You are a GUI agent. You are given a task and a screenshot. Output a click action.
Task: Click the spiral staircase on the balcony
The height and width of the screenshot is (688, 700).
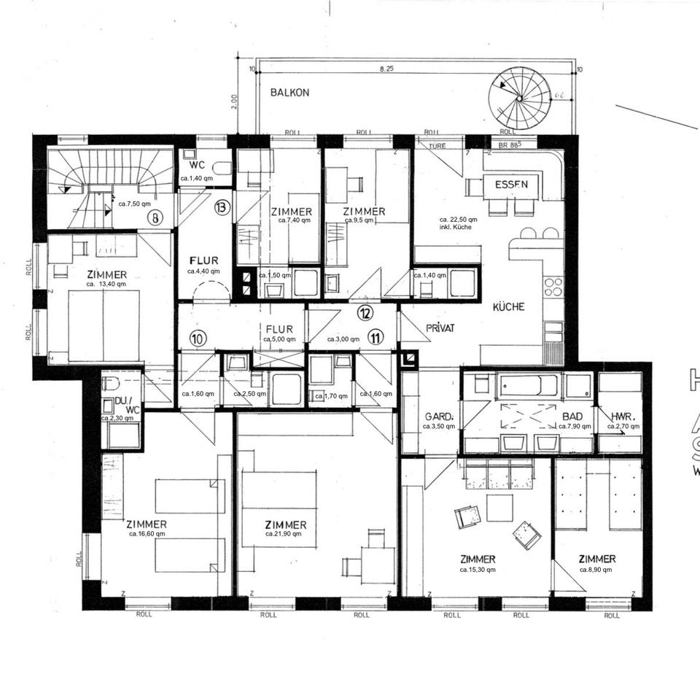518,96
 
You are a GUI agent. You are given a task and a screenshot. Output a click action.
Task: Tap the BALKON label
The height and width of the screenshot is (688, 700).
289,93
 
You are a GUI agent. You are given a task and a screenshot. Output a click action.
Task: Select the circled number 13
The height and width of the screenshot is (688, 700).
222,207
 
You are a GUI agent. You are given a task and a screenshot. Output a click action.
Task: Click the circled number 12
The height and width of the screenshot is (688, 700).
365,313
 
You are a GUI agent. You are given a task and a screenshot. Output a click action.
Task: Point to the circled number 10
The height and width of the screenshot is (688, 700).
197,338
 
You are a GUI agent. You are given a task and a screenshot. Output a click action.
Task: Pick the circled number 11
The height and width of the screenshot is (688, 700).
376,337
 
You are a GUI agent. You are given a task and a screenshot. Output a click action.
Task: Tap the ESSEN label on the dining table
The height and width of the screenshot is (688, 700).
511,185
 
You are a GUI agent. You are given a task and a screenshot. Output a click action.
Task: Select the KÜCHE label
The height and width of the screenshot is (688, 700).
508,307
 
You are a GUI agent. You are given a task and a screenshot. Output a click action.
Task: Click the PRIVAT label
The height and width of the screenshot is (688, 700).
440,328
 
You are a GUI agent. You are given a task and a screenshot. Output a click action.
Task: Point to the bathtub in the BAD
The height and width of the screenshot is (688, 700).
528,384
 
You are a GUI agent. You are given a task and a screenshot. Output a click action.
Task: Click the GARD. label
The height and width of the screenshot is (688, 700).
439,417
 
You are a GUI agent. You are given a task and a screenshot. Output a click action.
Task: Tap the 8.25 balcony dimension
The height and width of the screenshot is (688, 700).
386,69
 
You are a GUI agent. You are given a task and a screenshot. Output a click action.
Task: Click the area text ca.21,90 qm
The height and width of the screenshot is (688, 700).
283,534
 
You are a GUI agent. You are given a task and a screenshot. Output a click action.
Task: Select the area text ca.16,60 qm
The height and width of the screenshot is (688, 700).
147,533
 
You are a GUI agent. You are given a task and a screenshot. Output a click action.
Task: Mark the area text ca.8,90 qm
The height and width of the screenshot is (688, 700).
596,569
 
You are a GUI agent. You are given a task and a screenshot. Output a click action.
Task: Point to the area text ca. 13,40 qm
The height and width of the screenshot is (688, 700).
106,284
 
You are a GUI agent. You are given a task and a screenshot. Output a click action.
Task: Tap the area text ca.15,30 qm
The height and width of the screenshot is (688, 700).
478,569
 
